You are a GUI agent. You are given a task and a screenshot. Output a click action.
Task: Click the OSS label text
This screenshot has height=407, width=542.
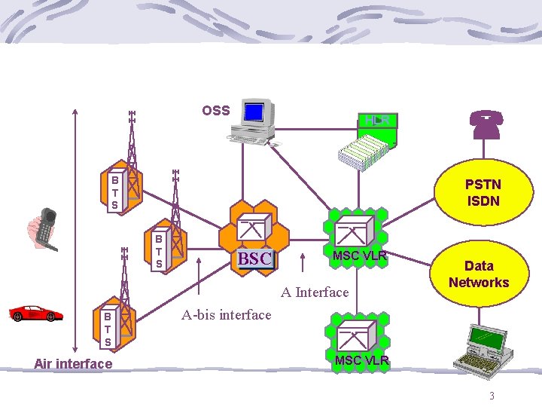pos(216,111)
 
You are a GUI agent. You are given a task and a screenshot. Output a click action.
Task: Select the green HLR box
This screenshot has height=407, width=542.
pos(377,121)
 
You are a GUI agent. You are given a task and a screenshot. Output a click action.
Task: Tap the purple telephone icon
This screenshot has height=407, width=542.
pos(486,124)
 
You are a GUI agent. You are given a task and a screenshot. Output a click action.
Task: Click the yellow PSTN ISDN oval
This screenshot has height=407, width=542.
pos(483,192)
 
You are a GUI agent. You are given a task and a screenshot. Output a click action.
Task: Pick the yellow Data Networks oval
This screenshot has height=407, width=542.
pos(479,274)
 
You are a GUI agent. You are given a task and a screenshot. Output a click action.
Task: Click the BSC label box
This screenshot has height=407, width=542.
pos(254,259)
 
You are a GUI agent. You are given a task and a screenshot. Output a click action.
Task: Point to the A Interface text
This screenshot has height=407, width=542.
pos(315,292)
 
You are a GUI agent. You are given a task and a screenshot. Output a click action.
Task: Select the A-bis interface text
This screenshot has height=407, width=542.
pos(227,315)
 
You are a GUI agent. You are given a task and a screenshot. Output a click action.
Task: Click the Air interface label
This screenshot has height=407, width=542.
pos(73,364)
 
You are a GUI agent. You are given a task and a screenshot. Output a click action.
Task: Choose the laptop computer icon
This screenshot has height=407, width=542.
pos(483,348)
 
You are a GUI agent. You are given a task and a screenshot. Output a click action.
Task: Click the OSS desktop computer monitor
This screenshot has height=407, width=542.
pos(254,113)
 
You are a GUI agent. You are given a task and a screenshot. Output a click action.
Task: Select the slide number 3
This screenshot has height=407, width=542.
pos(492,396)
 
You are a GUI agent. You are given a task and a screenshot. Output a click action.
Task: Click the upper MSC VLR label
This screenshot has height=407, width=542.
pos(359,256)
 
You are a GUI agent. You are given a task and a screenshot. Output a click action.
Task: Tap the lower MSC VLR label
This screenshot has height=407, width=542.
pos(361,360)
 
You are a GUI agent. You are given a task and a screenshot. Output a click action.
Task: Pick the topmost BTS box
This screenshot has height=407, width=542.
pos(114,193)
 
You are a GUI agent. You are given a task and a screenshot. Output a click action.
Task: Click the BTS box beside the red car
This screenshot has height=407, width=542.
pos(108,329)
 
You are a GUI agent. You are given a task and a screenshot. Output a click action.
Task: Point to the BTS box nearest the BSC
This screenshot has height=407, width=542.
pos(159,251)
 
